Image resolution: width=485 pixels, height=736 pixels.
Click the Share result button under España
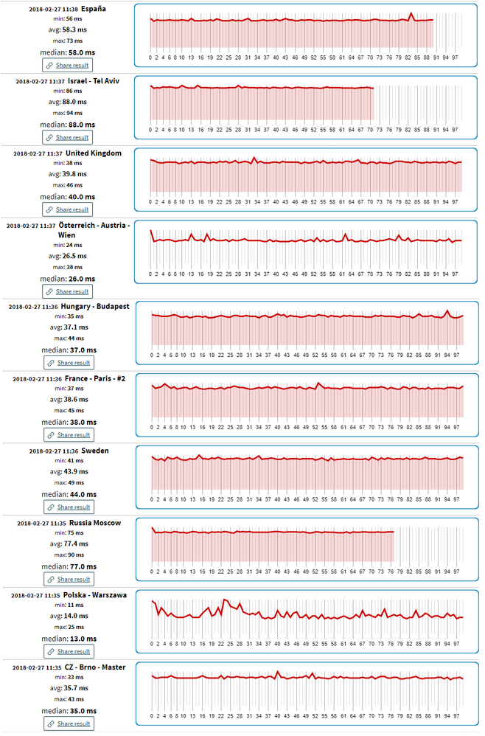[x=68, y=65]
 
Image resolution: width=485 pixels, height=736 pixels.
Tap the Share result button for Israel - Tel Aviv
[x=68, y=137]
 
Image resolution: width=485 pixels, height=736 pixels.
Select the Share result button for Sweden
[x=68, y=507]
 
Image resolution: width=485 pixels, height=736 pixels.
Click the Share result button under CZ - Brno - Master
[x=68, y=724]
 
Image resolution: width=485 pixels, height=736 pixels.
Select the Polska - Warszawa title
[x=94, y=594]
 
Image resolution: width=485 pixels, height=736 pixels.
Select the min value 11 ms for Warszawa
[x=68, y=605]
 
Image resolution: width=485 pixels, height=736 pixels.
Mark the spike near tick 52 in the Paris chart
[x=318, y=383]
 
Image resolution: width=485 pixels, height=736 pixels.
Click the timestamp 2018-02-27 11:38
[x=54, y=9]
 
